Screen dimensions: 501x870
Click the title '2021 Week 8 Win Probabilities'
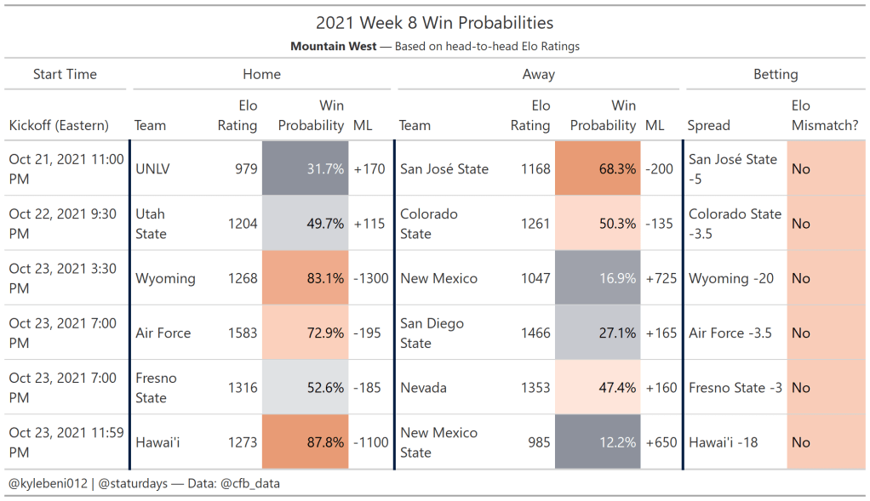pyautogui.click(x=434, y=23)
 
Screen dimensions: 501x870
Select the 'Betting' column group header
pyautogui.click(x=776, y=74)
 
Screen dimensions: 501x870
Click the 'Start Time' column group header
pyautogui.click(x=65, y=74)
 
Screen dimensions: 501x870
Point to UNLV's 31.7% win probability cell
pyautogui.click(x=305, y=168)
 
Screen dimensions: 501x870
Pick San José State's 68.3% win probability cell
pyautogui.click(x=597, y=168)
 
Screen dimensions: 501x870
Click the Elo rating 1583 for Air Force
pyautogui.click(x=243, y=333)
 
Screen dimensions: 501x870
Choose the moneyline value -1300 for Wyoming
pyautogui.click(x=369, y=278)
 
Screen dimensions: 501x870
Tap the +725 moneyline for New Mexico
pyautogui.click(x=661, y=278)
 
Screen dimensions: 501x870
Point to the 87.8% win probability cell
pyautogui.click(x=305, y=442)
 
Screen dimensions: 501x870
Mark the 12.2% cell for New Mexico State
pyautogui.click(x=597, y=442)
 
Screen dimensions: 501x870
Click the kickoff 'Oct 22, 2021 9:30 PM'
pyautogui.click(x=62, y=224)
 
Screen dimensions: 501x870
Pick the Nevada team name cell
pyautogui.click(x=423, y=388)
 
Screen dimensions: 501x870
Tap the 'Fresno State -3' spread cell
pyautogui.click(x=735, y=388)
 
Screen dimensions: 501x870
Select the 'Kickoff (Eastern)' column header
pyautogui.click(x=59, y=125)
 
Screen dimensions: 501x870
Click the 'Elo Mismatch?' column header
pyautogui.click(x=824, y=116)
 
